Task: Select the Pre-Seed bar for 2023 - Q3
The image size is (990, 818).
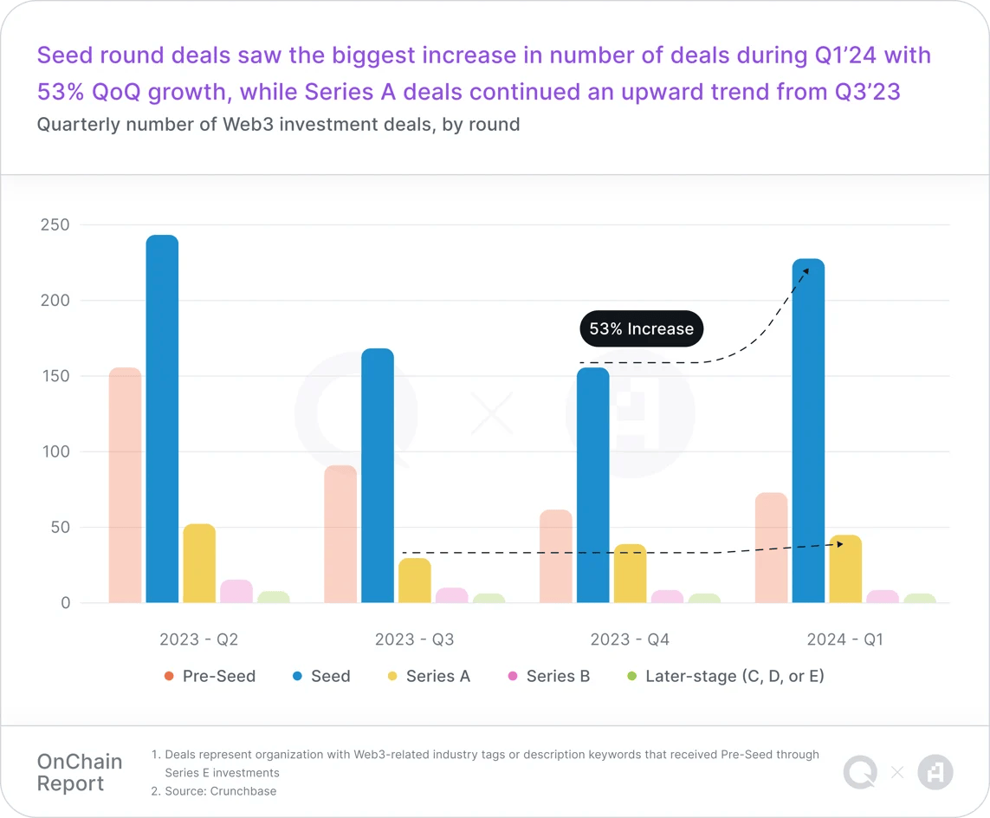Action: click(340, 534)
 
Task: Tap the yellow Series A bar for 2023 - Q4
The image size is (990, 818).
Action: click(630, 574)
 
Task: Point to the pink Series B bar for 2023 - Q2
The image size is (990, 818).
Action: click(236, 591)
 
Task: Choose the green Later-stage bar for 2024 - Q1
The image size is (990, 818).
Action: click(920, 598)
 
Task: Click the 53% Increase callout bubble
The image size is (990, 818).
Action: click(641, 329)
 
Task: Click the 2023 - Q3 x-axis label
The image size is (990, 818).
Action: click(414, 639)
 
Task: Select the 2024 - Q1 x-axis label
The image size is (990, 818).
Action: click(844, 639)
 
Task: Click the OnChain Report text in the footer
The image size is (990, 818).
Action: click(80, 773)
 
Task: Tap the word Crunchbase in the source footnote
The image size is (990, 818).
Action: click(243, 791)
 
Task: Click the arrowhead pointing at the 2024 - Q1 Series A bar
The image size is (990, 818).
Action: click(839, 544)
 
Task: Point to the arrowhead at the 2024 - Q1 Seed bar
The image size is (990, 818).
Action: click(805, 272)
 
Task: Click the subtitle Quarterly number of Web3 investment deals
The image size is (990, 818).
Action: click(278, 125)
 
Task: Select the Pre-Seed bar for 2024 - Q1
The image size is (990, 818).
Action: click(771, 548)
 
